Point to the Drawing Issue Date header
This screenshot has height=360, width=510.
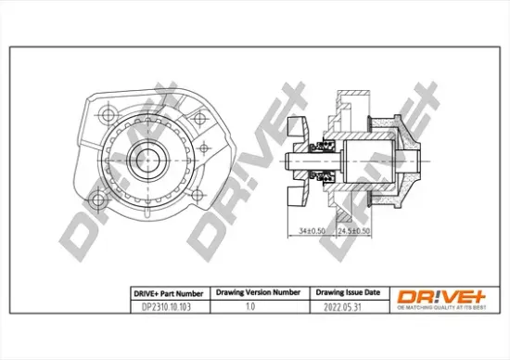coord(342,291)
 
